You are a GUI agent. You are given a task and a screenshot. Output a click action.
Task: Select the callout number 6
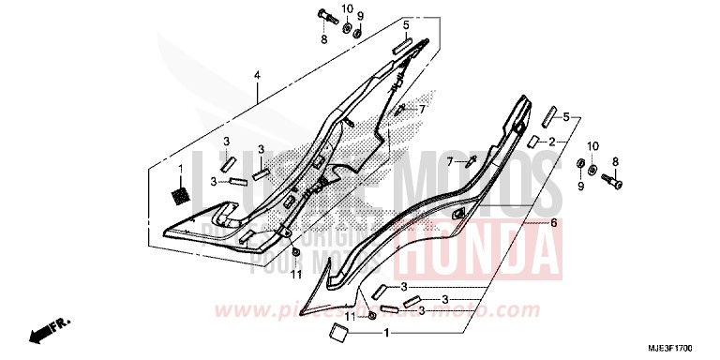point(554,223)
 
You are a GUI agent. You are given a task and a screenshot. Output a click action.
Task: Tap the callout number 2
point(553,142)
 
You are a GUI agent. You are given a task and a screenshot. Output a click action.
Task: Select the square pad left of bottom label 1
point(334,330)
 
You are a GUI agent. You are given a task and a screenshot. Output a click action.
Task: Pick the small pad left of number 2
point(531,142)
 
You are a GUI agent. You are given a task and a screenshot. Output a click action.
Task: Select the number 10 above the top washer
point(347,9)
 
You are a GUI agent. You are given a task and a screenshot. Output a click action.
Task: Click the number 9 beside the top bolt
point(360,16)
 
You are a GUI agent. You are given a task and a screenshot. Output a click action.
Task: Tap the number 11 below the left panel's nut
point(296,276)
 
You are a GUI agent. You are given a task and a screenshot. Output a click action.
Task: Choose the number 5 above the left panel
point(407,24)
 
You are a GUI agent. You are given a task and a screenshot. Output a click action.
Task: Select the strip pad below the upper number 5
point(404,44)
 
